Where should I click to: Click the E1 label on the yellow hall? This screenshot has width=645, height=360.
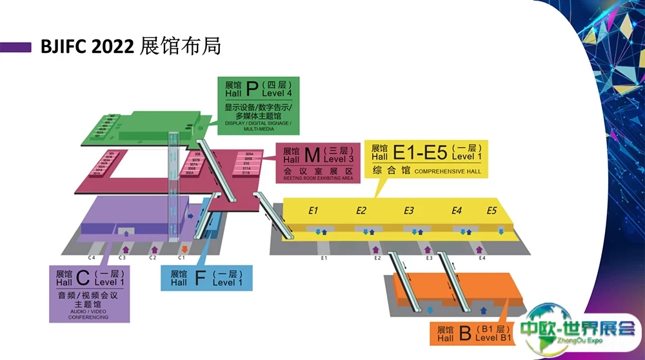click(314, 210)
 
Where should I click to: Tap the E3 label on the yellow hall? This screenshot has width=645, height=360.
click(409, 210)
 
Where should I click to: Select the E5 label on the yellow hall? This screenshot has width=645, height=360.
click(491, 210)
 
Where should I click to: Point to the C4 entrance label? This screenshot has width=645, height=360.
click(92, 257)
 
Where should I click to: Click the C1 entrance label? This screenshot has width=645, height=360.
click(182, 257)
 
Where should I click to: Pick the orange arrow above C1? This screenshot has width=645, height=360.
click(185, 248)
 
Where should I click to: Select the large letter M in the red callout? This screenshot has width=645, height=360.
click(312, 154)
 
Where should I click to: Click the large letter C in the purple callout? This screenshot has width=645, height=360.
click(82, 277)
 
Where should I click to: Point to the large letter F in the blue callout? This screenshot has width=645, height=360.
click(198, 277)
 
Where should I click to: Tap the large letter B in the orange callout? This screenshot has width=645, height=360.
click(464, 334)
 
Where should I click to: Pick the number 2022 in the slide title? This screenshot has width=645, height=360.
click(114, 47)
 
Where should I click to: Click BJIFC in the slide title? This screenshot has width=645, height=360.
click(64, 47)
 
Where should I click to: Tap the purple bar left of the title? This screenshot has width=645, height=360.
click(16, 47)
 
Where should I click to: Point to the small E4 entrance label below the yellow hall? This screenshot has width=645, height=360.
click(482, 258)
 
